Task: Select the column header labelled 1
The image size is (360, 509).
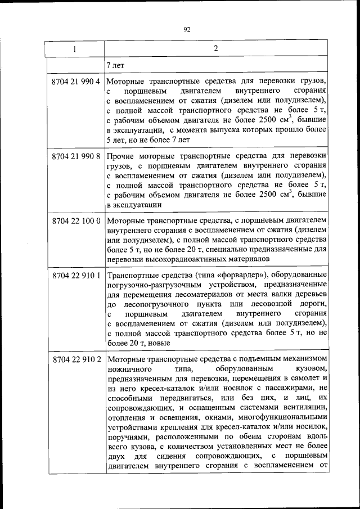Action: [74, 49]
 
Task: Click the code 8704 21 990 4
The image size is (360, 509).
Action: [74, 81]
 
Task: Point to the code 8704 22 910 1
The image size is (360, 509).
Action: [74, 276]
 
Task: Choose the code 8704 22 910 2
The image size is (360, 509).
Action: [74, 359]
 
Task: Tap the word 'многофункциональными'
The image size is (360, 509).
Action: [283, 417]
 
